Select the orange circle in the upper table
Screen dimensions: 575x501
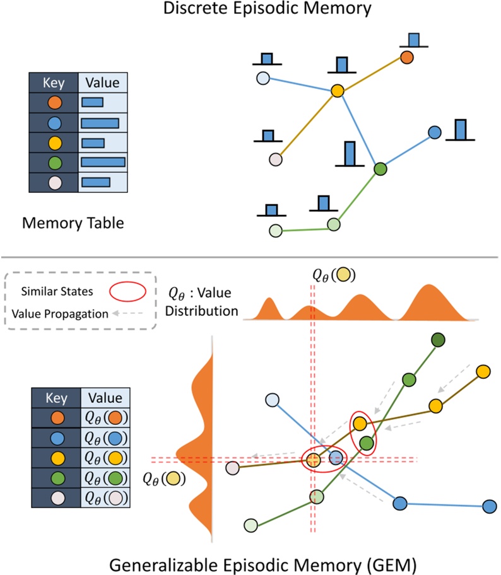pyautogui.click(x=54, y=102)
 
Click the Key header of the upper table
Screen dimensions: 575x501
pyautogui.click(x=54, y=83)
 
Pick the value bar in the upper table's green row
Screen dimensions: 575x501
pyautogui.click(x=103, y=163)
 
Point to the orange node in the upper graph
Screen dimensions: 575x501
pyautogui.click(x=407, y=57)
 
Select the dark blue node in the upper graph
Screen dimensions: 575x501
pyautogui.click(x=434, y=132)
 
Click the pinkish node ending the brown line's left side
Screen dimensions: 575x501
pyautogui.click(x=233, y=468)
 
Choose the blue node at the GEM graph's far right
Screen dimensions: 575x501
pyautogui.click(x=489, y=506)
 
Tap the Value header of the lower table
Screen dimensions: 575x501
pyautogui.click(x=105, y=398)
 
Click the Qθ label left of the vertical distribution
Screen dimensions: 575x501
pyautogui.click(x=163, y=479)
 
